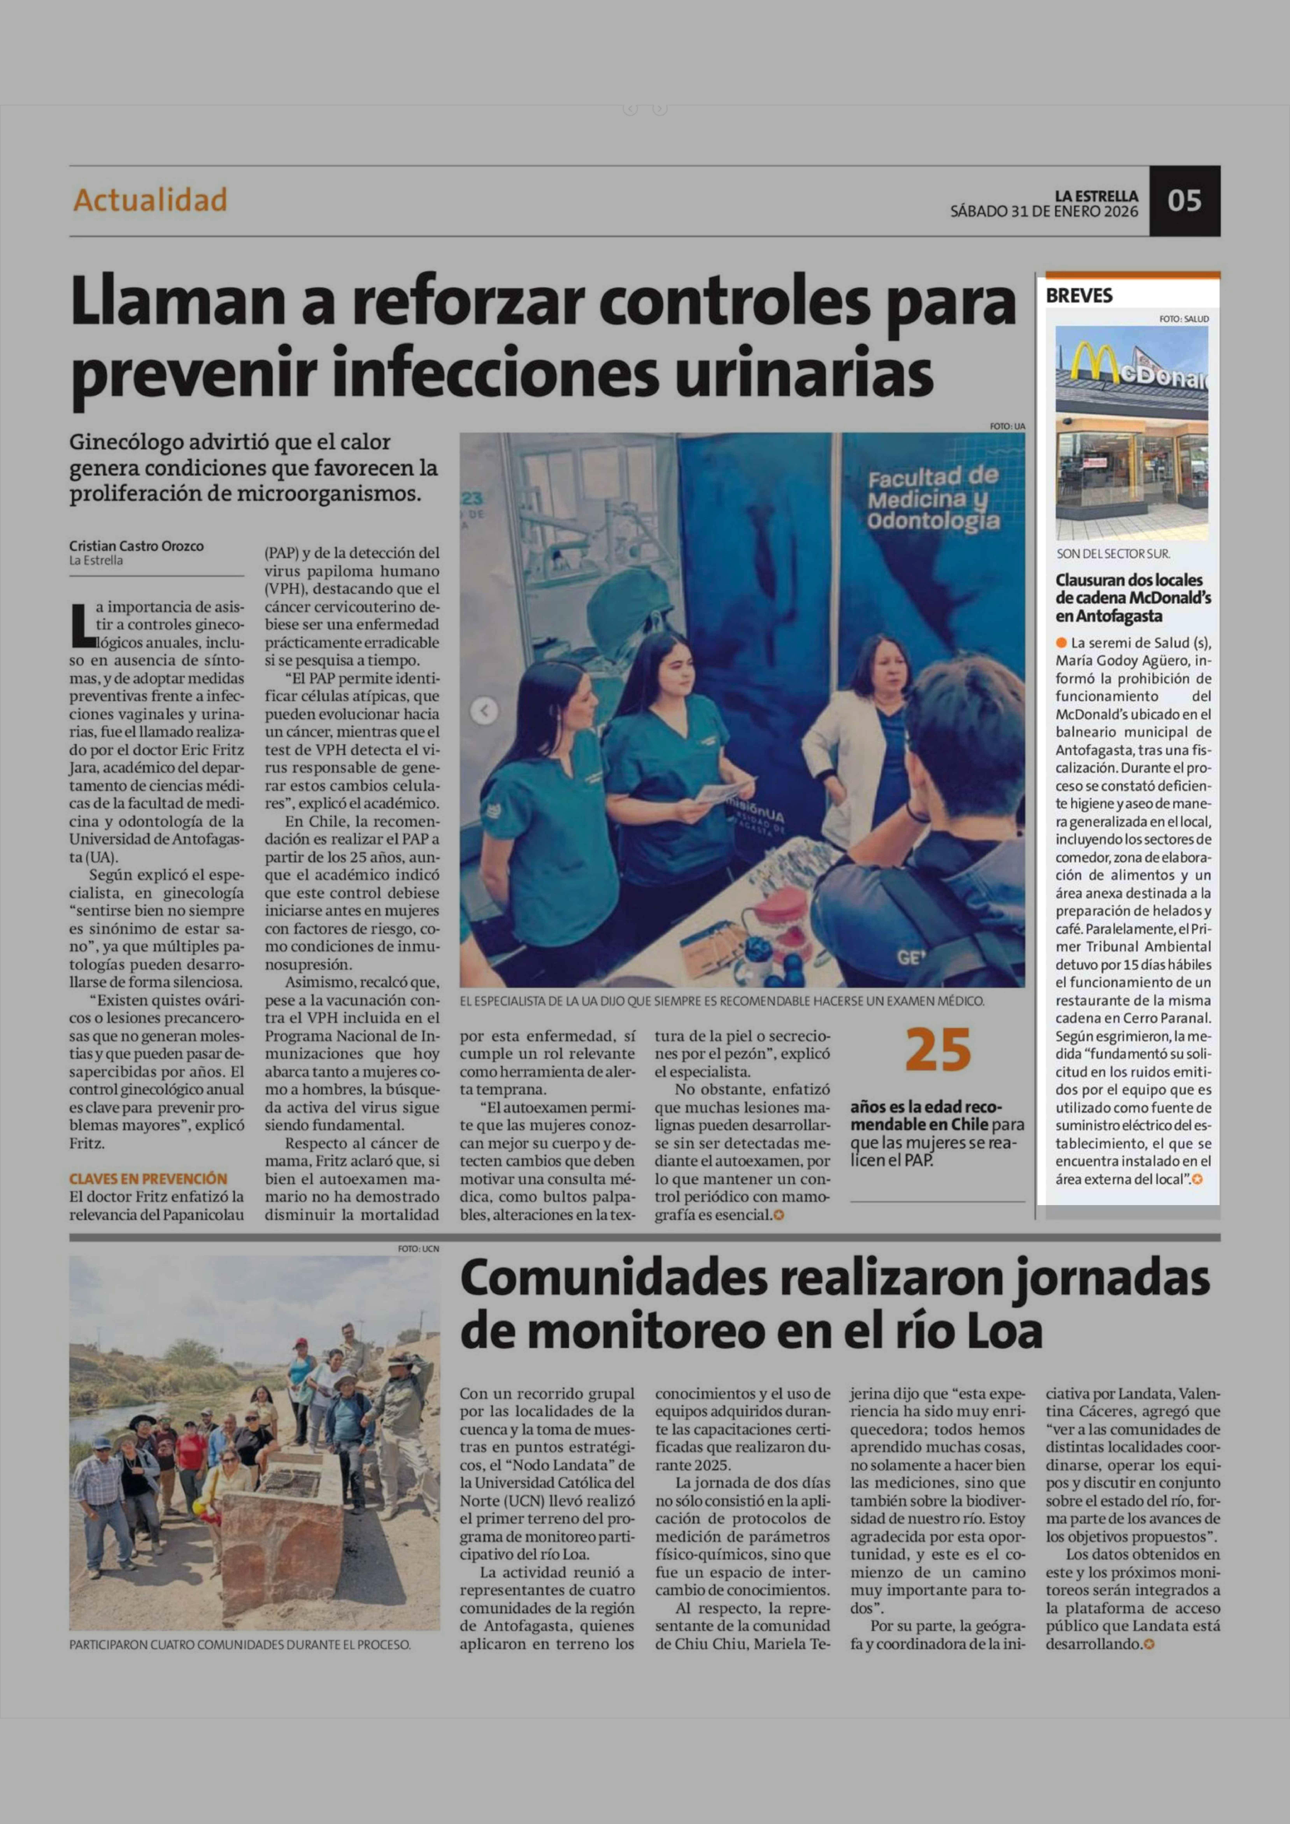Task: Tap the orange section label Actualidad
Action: click(150, 199)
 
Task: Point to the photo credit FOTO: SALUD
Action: click(1184, 318)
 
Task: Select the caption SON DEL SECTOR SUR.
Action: click(1113, 554)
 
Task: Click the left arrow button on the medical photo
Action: click(484, 710)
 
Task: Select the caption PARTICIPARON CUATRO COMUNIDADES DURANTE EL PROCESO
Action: click(240, 1644)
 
